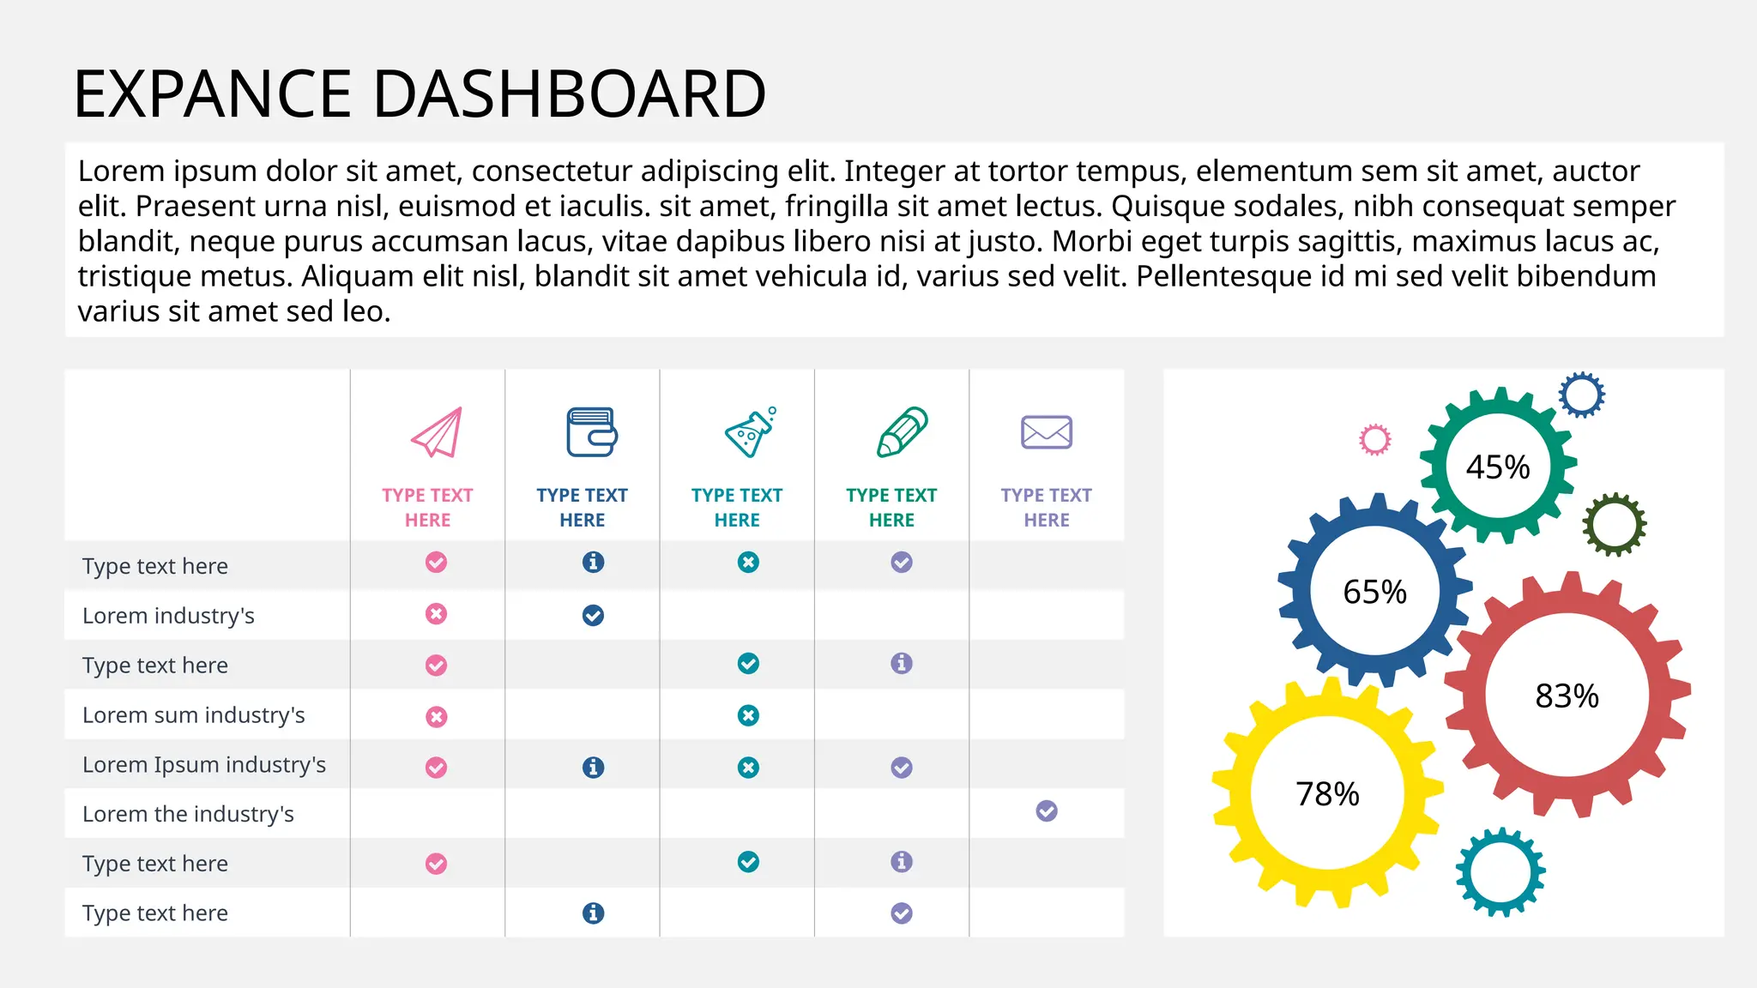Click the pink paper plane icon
point(437,432)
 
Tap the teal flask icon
point(749,432)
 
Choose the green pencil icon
point(902,431)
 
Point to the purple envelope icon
point(1046,432)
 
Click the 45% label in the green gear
point(1498,467)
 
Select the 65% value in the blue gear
point(1374,592)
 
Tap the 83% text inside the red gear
point(1567,696)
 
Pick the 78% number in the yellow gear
point(1327,794)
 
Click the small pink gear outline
point(1374,440)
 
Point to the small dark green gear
point(1614,524)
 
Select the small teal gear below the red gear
point(1500,872)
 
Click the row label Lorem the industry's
point(188,814)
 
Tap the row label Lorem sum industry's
point(193,715)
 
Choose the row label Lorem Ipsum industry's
point(204,764)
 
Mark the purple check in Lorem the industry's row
point(1047,810)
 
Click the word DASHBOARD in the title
point(569,93)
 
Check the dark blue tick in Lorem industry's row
point(593,615)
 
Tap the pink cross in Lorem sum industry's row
point(437,716)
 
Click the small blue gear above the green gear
point(1581,395)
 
